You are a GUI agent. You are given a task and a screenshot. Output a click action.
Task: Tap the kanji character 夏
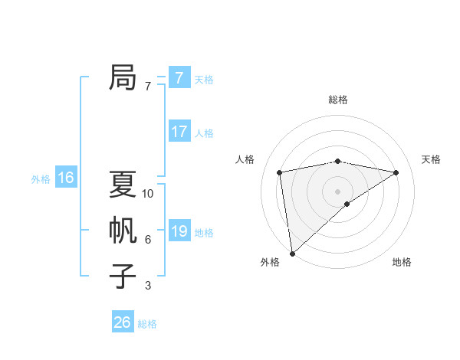[123, 184]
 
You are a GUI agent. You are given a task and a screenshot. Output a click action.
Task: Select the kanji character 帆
[123, 230]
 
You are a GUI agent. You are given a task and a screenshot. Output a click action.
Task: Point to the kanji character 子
[123, 276]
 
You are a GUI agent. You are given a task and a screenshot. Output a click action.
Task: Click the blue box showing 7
[179, 77]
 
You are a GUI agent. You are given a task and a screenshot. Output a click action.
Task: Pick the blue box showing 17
[179, 131]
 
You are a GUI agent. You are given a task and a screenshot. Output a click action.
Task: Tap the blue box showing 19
[179, 231]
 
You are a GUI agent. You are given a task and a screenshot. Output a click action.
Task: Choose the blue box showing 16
[65, 178]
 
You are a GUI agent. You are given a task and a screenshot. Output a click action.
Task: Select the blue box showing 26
[122, 322]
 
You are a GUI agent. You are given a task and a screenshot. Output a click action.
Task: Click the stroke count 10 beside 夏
[148, 194]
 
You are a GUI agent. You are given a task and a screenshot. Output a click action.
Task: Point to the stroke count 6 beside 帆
[148, 240]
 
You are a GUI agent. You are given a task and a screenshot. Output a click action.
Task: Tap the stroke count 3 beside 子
[148, 286]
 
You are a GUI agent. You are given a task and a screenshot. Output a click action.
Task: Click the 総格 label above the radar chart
[337, 100]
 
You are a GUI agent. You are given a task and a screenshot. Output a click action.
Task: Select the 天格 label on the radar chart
[431, 159]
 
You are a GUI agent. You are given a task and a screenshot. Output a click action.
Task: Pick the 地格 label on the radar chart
[402, 262]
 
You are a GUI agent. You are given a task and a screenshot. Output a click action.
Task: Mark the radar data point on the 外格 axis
[292, 253]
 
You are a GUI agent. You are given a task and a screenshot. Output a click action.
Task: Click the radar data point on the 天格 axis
[396, 172]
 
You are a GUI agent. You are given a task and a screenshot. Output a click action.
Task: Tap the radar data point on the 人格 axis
[280, 172]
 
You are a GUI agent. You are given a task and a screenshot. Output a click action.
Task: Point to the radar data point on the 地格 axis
[347, 204]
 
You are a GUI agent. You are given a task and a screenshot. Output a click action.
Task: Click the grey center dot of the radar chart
[337, 191]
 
